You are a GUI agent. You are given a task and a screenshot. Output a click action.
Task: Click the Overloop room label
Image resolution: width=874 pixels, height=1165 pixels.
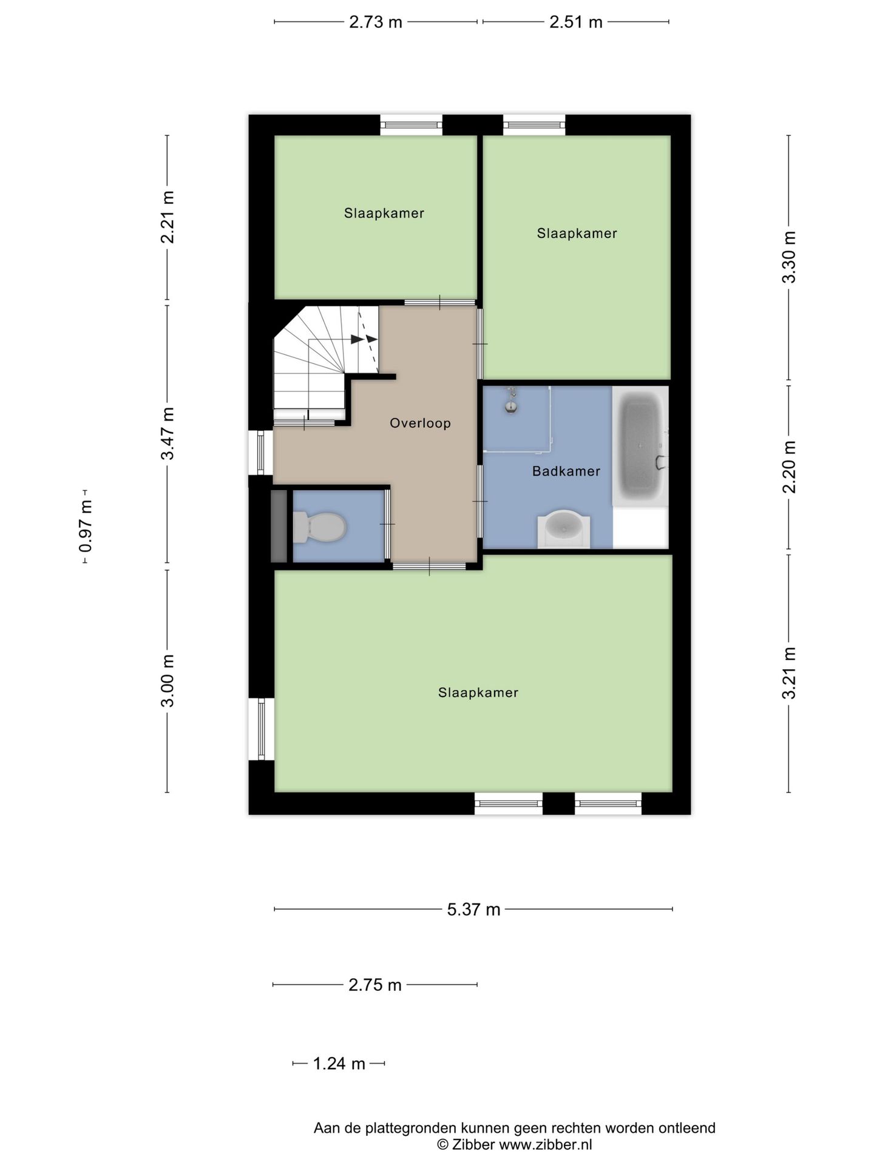[420, 423]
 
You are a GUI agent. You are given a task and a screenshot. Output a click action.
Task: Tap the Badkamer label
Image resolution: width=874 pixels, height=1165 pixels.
[566, 471]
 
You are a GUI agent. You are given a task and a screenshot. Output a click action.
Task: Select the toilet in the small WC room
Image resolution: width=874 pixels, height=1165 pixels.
[319, 527]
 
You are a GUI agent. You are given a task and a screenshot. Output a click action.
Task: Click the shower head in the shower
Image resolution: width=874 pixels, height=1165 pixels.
[512, 402]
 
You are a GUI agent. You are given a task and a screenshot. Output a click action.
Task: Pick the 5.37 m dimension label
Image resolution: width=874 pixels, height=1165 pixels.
[473, 910]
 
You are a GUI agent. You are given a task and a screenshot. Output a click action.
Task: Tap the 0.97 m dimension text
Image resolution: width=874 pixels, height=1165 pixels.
[86, 526]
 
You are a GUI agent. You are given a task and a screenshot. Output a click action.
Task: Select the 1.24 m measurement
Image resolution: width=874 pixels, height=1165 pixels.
[339, 1064]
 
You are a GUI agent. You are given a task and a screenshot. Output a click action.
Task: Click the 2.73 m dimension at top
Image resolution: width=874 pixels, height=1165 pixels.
[376, 22]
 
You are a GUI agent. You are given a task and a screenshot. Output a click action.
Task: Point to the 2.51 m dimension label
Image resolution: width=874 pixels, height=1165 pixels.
[576, 22]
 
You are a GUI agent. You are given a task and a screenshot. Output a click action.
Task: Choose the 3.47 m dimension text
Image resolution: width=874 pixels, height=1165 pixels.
[168, 434]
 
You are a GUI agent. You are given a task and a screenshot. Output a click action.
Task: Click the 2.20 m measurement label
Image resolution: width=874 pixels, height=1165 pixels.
[789, 467]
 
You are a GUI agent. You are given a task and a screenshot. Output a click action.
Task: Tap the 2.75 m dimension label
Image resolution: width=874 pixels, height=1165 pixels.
[375, 985]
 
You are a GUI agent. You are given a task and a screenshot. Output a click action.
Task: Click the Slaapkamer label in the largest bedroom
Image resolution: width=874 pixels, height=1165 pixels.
[478, 692]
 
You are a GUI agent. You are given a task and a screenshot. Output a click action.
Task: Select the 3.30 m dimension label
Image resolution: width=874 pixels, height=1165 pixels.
[789, 257]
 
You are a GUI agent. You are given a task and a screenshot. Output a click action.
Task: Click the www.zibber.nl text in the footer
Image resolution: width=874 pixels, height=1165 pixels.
[545, 1145]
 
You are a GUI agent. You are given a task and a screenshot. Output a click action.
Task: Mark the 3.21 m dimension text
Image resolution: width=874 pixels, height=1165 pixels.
[789, 673]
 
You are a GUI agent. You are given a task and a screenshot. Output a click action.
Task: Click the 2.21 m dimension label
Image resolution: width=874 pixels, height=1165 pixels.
[168, 217]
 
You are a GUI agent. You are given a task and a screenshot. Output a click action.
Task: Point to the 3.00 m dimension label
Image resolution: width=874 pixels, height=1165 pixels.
[168, 681]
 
